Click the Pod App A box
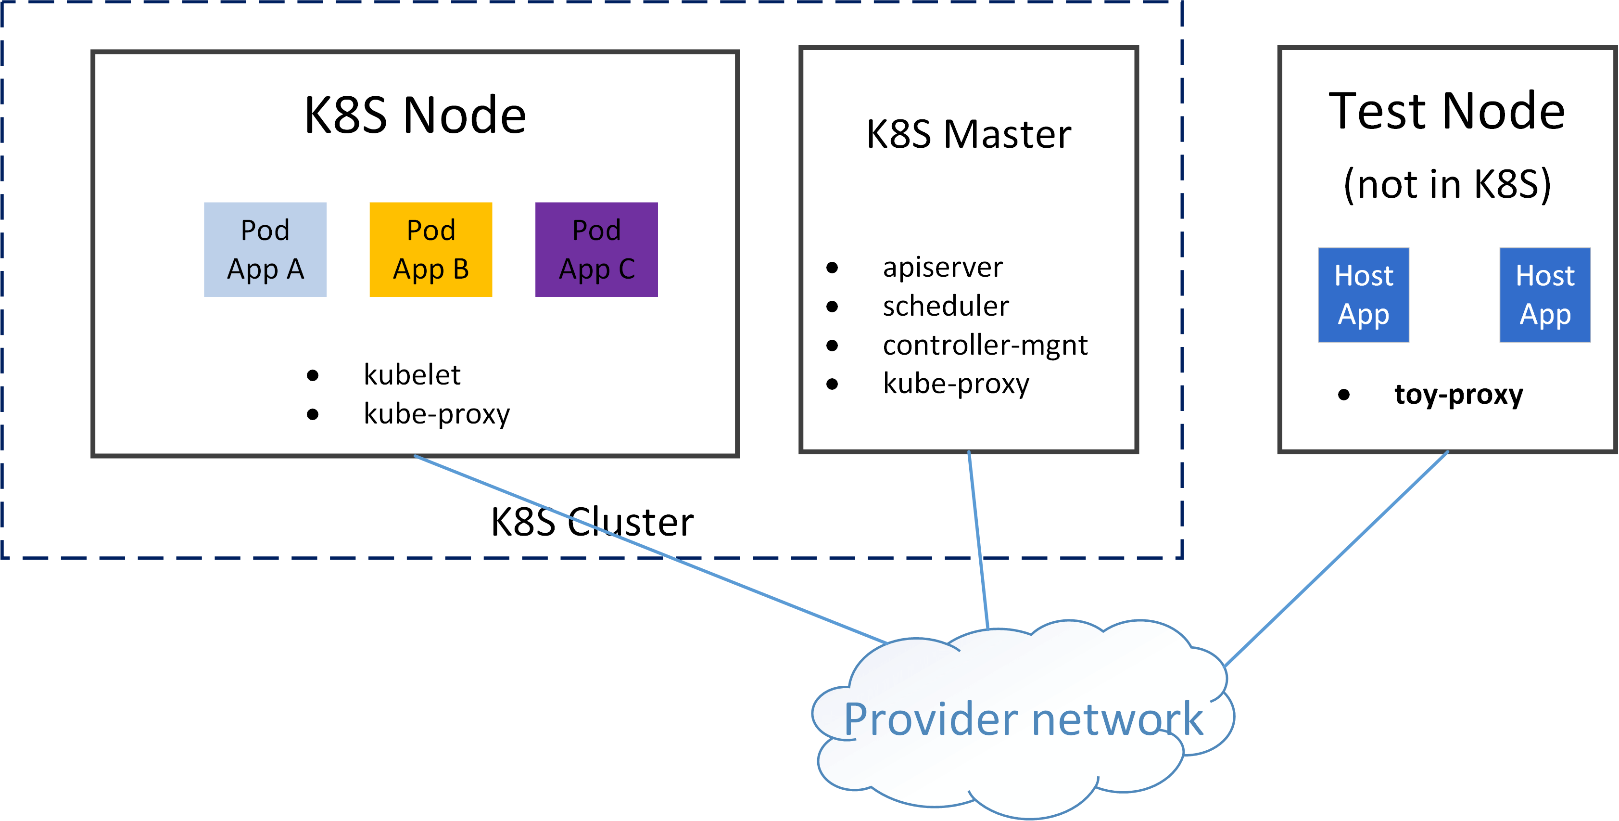click(265, 250)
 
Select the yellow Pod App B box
click(430, 250)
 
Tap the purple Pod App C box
click(596, 250)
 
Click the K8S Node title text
click(416, 115)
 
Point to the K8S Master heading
click(969, 135)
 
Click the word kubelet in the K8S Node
click(413, 375)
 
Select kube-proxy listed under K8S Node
click(437, 414)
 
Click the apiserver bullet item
click(943, 268)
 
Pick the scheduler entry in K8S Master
click(946, 307)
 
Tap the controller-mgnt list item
click(985, 346)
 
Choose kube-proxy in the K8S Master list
click(957, 384)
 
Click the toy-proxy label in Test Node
click(1458, 395)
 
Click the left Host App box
click(1363, 295)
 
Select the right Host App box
click(1545, 295)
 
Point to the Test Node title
click(1447, 111)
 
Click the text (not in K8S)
click(1447, 184)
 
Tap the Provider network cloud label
click(1023, 718)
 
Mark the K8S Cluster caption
click(592, 522)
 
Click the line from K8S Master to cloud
click(978, 540)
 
